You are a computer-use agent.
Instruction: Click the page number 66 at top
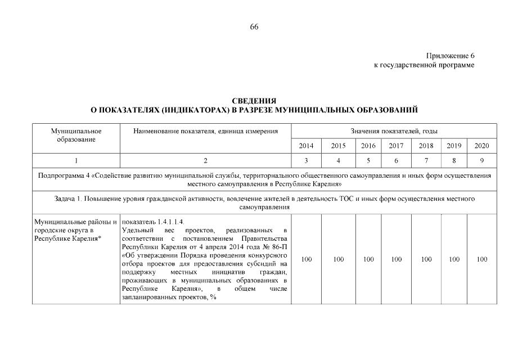254,27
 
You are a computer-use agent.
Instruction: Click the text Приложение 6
451,56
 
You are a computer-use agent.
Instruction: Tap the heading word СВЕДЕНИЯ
254,101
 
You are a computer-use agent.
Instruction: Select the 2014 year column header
306,146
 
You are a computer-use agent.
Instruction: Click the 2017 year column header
397,146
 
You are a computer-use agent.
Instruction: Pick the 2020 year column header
481,146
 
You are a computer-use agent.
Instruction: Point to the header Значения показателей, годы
394,131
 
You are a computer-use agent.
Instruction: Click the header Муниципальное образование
76,135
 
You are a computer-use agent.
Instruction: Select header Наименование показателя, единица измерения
206,131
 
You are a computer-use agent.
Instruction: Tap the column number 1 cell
76,160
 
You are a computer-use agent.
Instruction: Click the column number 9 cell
481,160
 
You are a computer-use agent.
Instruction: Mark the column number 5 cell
368,160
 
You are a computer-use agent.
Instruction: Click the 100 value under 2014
307,259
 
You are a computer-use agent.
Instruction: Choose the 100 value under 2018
426,259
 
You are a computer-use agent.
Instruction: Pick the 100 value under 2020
481,259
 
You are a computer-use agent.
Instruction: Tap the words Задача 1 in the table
69,199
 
